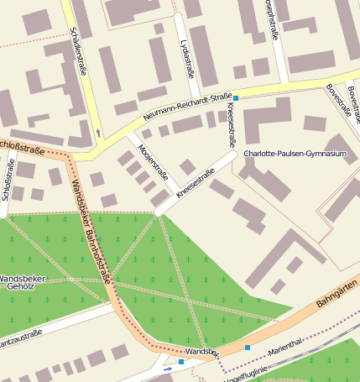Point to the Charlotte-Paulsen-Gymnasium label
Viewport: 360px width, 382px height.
[x=294, y=154]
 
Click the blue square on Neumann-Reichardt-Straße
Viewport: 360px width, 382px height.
[x=236, y=98]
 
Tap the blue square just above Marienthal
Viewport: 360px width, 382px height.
[x=248, y=347]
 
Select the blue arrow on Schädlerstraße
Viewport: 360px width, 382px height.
[x=99, y=132]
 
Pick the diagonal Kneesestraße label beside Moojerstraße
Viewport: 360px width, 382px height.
[x=196, y=184]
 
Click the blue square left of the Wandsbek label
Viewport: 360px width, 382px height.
[x=181, y=362]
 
